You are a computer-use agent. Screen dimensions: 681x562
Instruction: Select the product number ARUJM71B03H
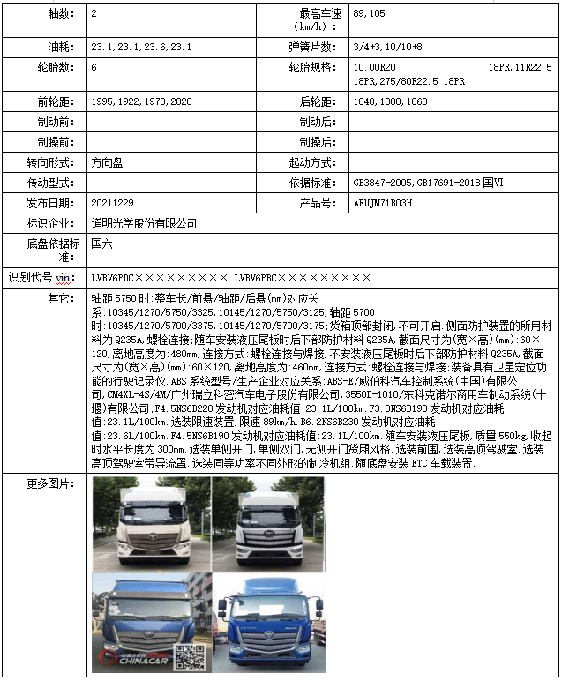(x=382, y=203)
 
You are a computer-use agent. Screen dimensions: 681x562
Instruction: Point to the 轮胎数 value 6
(x=94, y=67)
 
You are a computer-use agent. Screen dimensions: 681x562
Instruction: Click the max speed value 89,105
(x=369, y=14)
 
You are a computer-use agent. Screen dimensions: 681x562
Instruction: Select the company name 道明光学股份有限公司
(x=144, y=223)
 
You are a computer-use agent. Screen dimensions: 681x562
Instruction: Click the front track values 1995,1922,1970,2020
(x=141, y=101)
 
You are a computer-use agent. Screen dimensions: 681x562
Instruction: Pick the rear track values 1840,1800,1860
(x=390, y=101)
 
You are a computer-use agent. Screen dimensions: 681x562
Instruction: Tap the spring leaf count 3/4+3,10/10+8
(x=387, y=46)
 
